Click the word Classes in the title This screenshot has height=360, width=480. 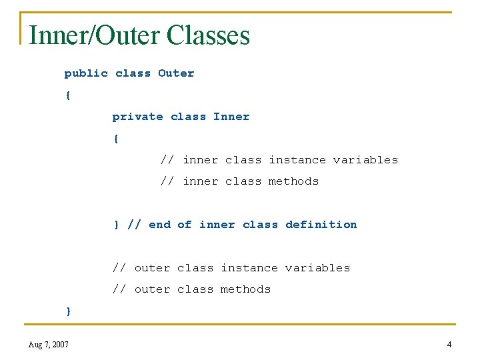click(x=209, y=35)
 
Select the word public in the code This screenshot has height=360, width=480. click(x=86, y=73)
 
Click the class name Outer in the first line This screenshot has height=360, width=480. click(x=176, y=73)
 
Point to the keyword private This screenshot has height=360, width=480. click(x=137, y=117)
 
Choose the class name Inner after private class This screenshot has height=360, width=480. click(x=231, y=117)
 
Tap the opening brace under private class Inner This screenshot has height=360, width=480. click(x=116, y=139)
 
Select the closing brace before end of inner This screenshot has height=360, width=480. click(x=116, y=225)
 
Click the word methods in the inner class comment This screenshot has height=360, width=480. click(x=294, y=181)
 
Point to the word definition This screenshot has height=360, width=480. click(x=321, y=225)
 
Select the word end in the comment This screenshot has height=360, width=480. click(x=160, y=225)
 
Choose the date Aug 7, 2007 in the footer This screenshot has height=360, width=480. click(x=49, y=345)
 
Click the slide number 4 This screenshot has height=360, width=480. click(x=449, y=345)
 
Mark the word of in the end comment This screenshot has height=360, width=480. click(x=185, y=225)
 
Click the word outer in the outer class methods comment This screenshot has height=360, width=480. click(x=152, y=289)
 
